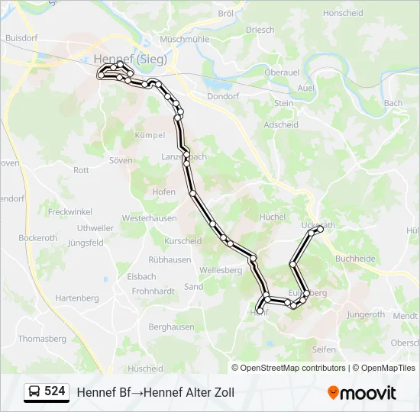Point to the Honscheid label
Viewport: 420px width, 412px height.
[343, 13]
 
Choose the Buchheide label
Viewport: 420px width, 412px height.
[355, 259]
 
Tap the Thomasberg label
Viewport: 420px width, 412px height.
[42, 338]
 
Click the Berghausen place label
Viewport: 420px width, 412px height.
[171, 327]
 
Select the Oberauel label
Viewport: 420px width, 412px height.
[281, 72]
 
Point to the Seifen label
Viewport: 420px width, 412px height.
[324, 349]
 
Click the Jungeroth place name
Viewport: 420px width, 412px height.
[366, 314]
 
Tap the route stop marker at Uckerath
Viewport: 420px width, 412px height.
[321, 228]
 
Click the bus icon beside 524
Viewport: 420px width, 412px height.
[34, 392]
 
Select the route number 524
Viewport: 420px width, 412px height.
[55, 391]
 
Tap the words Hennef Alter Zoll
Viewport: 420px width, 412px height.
[189, 392]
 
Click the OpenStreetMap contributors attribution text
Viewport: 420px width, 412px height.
[293, 368]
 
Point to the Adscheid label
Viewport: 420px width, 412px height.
[280, 124]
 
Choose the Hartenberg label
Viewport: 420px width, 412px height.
[78, 297]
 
